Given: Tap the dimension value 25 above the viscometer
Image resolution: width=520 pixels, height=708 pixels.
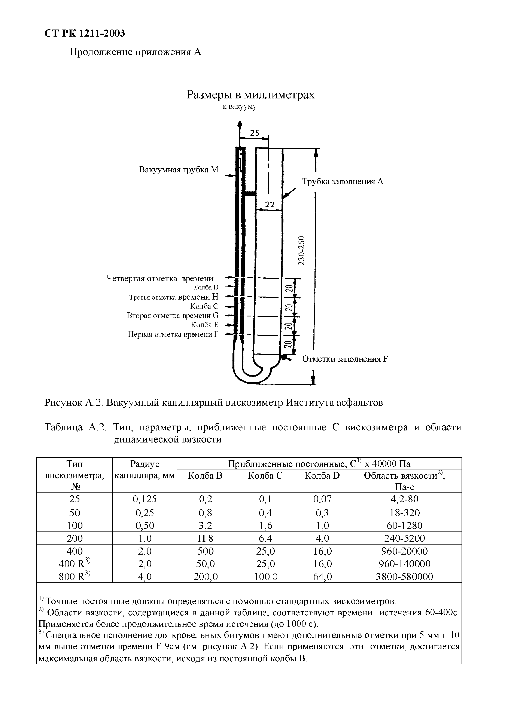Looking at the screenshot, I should point(255,133).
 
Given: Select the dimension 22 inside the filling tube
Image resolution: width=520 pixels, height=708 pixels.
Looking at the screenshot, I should point(270,205).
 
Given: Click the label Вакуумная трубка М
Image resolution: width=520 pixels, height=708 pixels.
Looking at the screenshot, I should point(179,170).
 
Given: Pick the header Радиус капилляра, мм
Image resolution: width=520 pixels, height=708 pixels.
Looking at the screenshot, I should point(145,470).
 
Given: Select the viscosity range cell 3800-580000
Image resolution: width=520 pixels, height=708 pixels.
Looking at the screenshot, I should point(404,577).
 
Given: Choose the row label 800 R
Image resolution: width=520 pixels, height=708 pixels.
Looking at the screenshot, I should point(74,577).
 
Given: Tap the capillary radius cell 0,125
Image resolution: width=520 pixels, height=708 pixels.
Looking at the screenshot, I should point(145,499).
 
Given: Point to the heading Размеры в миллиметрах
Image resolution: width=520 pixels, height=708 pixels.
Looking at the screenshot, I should point(250,94).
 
